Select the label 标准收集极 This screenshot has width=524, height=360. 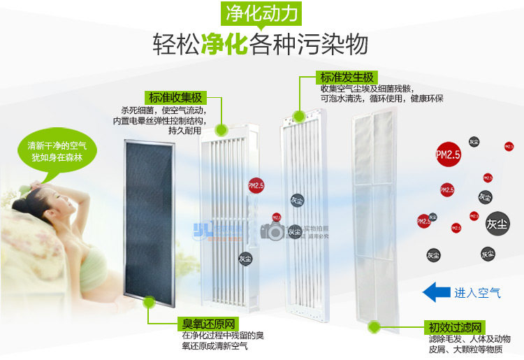tap(175, 97)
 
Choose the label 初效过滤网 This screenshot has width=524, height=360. tap(455, 327)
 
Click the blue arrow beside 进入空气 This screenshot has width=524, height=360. tap(437, 292)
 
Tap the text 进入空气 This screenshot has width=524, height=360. tap(477, 293)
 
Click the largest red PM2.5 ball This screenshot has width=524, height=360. tap(447, 154)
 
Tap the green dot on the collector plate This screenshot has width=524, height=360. tap(221, 129)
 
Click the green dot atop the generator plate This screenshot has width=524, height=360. tap(299, 116)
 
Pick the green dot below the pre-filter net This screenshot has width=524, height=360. tap(374, 327)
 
